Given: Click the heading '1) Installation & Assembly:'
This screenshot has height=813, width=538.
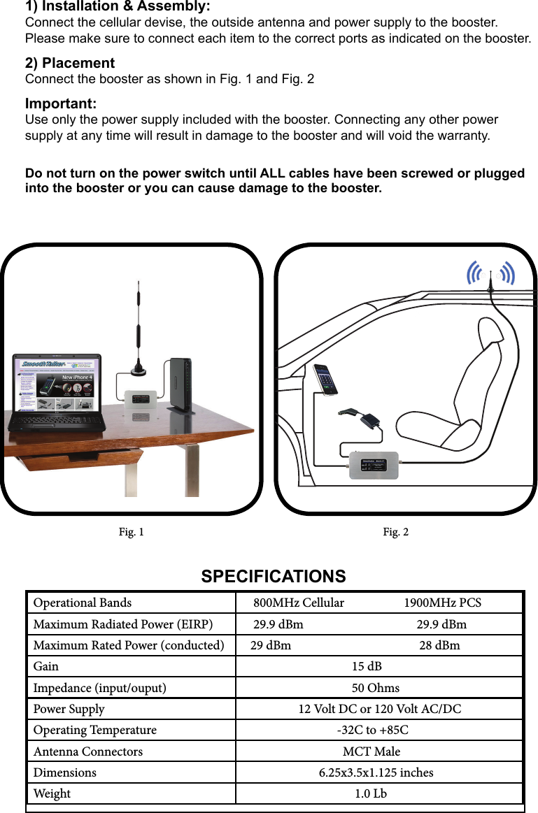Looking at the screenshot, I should (118, 7).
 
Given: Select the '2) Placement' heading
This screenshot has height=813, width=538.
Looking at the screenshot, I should (70, 64).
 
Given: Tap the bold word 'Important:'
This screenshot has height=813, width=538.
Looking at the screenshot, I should (61, 104).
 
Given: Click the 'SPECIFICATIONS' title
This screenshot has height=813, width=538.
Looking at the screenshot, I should (274, 577).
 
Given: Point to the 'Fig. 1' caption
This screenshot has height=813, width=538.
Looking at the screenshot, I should (132, 533).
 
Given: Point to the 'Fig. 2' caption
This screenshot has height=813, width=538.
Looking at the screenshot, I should (396, 533).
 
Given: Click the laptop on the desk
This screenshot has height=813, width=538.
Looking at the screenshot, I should (56, 395).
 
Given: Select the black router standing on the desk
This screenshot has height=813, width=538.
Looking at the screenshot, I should (180, 384).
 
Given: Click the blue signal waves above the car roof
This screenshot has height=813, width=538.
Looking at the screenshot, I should (491, 274).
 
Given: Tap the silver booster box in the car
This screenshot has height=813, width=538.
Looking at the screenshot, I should (374, 465).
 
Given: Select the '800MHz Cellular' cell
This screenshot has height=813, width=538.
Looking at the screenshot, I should (299, 603).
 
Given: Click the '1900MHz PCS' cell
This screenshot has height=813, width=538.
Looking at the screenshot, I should (442, 603).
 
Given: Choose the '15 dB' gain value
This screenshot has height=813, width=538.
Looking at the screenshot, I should (367, 667).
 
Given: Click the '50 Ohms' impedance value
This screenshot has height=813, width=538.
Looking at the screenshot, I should (375, 688).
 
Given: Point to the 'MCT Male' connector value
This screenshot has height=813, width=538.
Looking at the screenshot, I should (371, 751).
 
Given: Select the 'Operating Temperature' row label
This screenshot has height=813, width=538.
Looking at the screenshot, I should (95, 731).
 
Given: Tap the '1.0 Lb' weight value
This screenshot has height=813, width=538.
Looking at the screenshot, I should (370, 793).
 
